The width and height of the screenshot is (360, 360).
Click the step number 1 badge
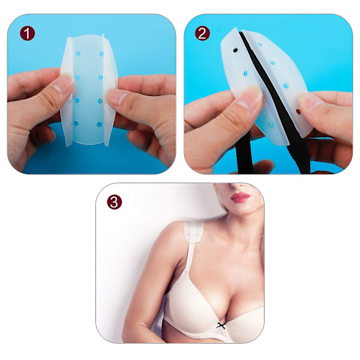pyautogui.click(x=28, y=34)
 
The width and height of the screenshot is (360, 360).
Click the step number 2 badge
pyautogui.click(x=202, y=34)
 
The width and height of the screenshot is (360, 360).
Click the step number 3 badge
pyautogui.click(x=115, y=202)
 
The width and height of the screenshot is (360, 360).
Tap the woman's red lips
pyautogui.click(x=241, y=197)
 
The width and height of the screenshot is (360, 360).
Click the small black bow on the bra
pyautogui.click(x=221, y=325)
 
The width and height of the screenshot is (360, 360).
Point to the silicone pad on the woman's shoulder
pyautogui.click(x=194, y=232)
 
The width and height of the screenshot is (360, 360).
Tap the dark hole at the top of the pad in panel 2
pyautogui.click(x=235, y=50)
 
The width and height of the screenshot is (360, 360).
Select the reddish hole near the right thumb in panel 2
pyautogui.click(x=298, y=112)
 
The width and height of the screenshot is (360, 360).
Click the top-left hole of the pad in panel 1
pyautogui.click(x=78, y=54)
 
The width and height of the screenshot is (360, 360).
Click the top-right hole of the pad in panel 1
pyautogui.click(x=101, y=54)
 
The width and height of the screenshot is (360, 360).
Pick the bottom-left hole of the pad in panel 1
pyautogui.click(x=76, y=124)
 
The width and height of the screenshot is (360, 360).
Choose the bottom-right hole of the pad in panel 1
pyautogui.click(x=99, y=124)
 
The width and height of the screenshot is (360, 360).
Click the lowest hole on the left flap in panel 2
pyautogui.click(x=271, y=125)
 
